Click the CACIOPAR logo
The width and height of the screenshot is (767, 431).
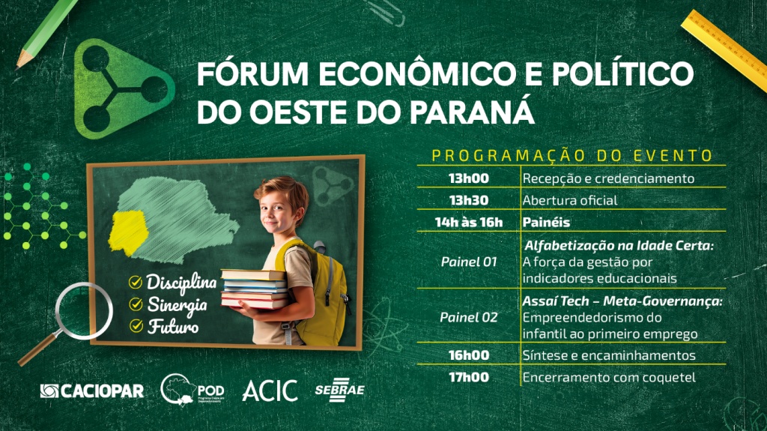coord(92,391)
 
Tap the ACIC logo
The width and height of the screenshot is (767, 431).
coord(270,391)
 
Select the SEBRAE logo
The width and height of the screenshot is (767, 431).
coord(339,390)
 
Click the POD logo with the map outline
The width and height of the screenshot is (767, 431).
coord(192,390)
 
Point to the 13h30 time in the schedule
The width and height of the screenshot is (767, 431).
coord(468,200)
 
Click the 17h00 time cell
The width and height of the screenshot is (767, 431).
coord(469,377)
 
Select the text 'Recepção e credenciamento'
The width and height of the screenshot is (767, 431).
coord(608,178)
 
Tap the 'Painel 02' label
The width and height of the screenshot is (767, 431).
coord(468,317)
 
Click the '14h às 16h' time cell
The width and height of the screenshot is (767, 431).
coord(469,223)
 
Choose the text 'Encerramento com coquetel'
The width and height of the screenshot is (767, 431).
coord(609,378)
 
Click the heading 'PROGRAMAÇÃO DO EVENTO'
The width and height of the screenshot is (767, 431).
coord(572,156)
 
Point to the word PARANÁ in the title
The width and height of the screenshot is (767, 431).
coord(472,111)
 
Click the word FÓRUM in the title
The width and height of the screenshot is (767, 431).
coord(253,74)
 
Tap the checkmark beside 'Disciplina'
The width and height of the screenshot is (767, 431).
coord(136,282)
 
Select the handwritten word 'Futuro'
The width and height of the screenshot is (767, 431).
coord(173,326)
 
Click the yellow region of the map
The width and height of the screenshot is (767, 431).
coord(127,232)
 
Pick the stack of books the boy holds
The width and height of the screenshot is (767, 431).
coord(255,289)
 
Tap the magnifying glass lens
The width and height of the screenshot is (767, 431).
coord(84,312)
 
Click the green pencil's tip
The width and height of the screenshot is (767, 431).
coord(19,67)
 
